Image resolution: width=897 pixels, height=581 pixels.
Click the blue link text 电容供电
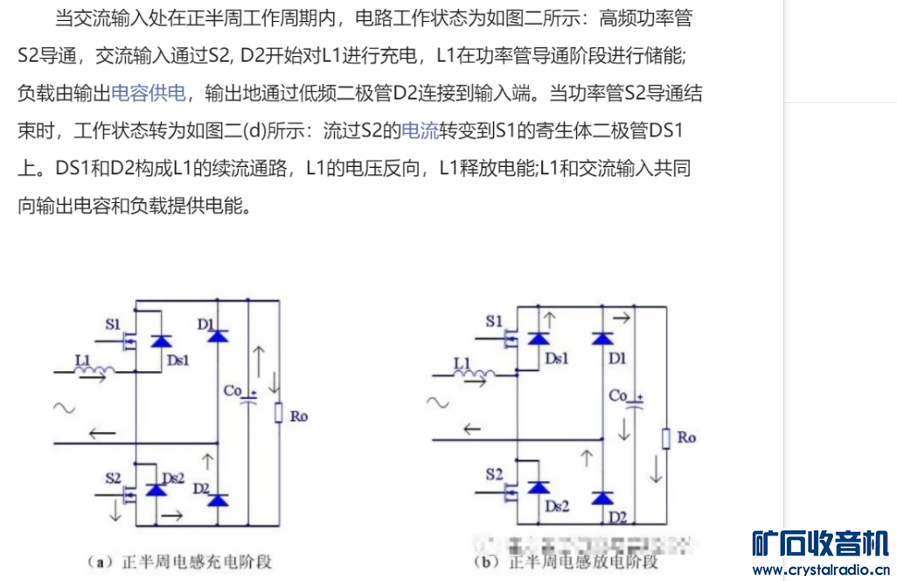[149, 94]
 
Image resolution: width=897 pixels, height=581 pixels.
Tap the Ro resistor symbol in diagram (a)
[278, 412]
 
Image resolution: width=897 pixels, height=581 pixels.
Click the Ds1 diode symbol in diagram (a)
[160, 340]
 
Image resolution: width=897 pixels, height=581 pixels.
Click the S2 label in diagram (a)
[113, 478]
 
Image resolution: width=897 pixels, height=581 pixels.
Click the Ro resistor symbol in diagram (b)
[665, 437]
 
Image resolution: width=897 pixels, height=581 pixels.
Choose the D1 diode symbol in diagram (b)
[601, 339]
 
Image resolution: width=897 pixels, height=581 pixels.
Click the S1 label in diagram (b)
[495, 321]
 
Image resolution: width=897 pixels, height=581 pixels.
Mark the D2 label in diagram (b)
[618, 517]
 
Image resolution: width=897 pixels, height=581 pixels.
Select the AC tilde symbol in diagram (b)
[437, 402]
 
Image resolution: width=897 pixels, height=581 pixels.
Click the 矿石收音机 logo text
[821, 543]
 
